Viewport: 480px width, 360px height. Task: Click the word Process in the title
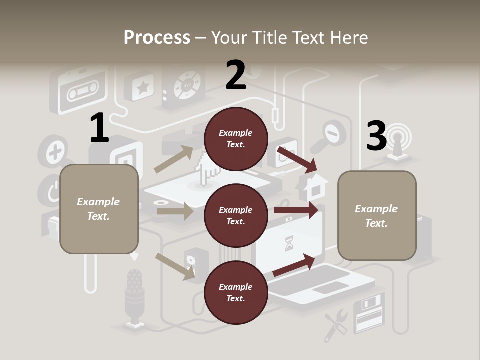(157, 37)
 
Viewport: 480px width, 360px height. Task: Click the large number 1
(99, 128)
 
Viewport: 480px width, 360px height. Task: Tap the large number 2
(236, 75)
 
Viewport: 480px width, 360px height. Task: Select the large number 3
(376, 136)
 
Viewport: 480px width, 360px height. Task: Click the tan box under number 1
(99, 209)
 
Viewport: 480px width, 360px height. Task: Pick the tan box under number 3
(377, 215)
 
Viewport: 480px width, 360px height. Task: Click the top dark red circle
(236, 139)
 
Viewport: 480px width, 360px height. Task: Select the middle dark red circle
(236, 215)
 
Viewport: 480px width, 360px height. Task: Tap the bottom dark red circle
(236, 292)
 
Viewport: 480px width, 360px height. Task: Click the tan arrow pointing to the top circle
(173, 159)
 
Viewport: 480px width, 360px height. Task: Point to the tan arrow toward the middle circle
(174, 211)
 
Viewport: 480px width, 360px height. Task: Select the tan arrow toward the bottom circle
(175, 266)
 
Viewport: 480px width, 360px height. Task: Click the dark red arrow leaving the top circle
(297, 159)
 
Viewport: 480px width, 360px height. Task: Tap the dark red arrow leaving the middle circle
(296, 210)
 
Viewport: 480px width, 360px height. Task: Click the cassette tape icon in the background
(81, 91)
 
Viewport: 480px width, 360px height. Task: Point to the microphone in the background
(134, 295)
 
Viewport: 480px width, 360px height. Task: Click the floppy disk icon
(368, 313)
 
